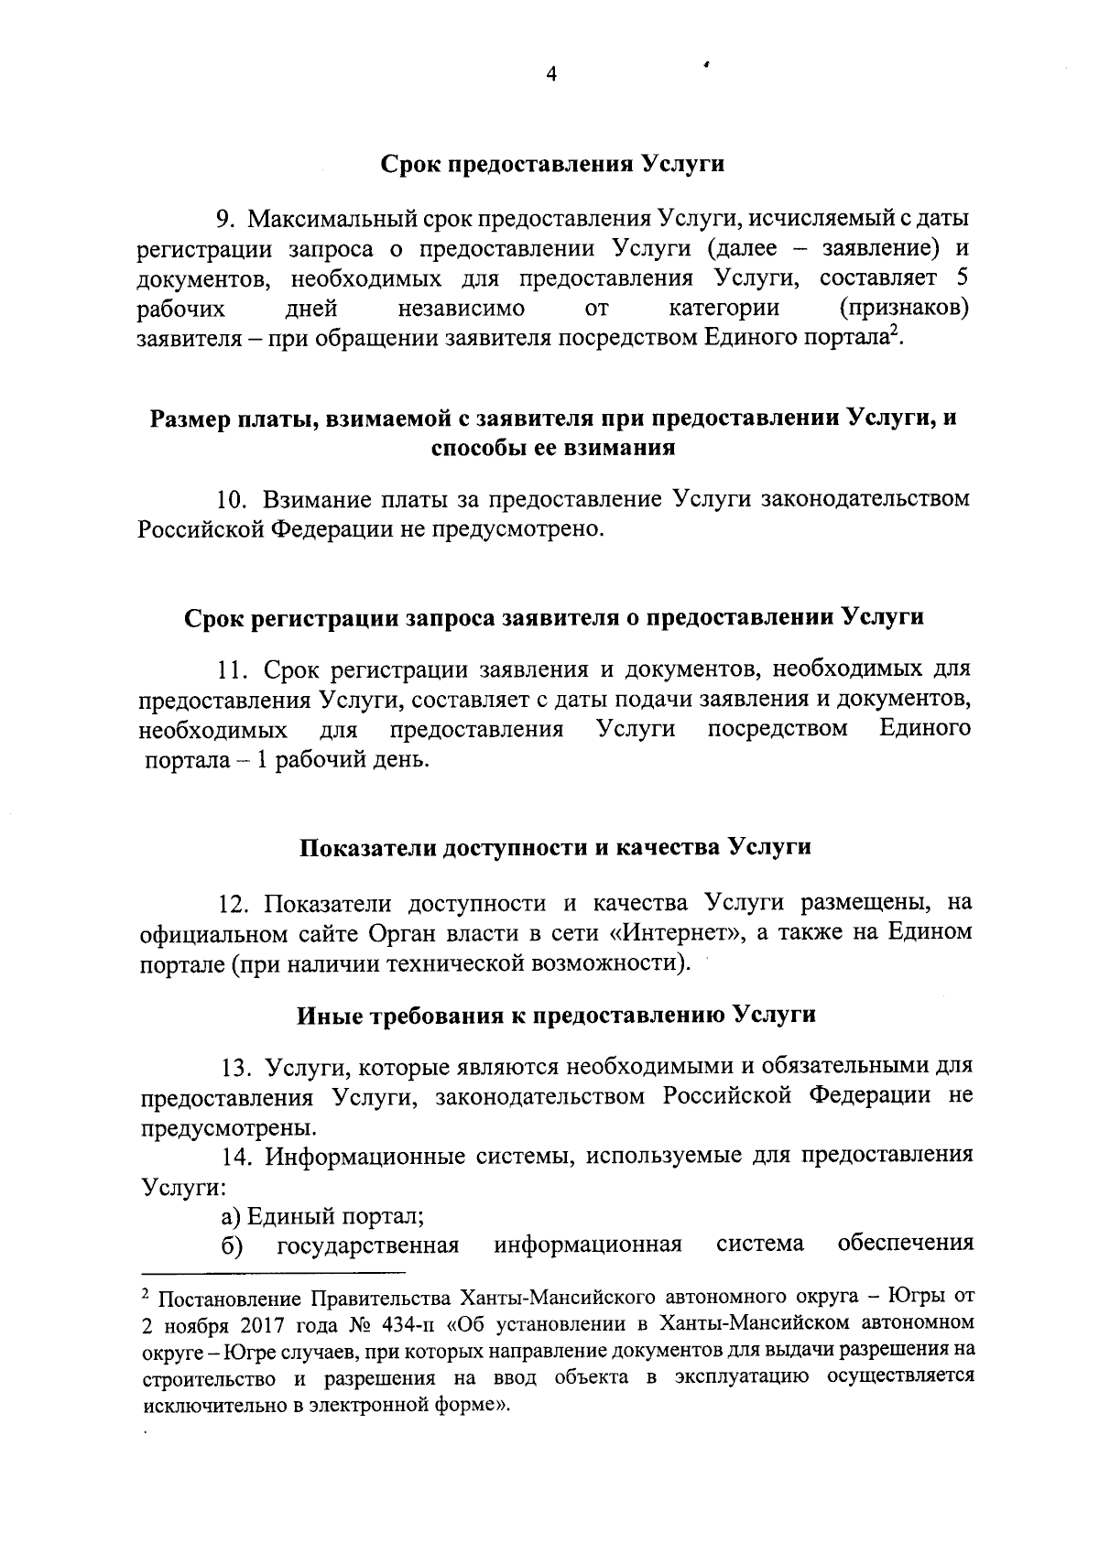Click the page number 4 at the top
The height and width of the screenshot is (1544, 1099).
pos(550,75)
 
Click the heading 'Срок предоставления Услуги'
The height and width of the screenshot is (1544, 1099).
pos(552,164)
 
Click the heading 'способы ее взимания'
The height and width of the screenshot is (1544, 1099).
pos(553,448)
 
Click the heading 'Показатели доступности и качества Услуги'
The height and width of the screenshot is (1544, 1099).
pos(556,846)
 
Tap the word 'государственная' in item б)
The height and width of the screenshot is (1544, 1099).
pos(366,1245)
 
